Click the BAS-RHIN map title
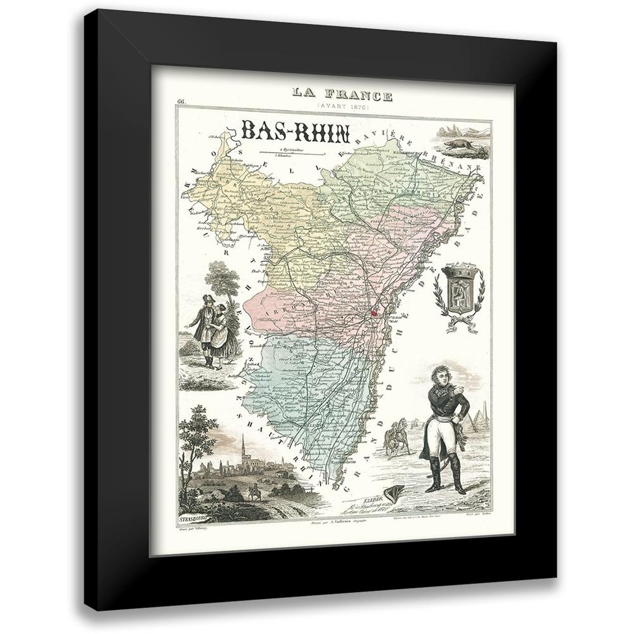point(295,131)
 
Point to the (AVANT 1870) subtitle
point(342,108)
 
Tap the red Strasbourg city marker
point(375,312)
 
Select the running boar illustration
point(462,147)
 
